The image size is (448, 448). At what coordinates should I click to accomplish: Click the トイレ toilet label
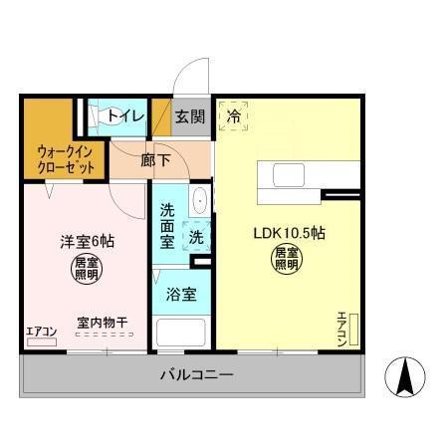click(x=125, y=116)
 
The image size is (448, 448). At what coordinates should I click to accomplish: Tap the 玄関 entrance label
click(x=190, y=116)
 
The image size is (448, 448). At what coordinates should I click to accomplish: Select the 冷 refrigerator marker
click(x=234, y=115)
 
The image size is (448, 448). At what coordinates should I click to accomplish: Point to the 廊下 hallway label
click(x=154, y=159)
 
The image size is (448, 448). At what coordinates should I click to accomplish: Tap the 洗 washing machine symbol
click(x=197, y=238)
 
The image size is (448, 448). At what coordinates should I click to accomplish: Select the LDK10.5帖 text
click(x=289, y=234)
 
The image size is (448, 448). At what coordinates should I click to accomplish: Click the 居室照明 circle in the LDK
click(x=288, y=260)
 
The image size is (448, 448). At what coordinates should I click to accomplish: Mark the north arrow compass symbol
click(x=407, y=376)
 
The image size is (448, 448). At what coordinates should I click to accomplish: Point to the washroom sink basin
click(x=199, y=200)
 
